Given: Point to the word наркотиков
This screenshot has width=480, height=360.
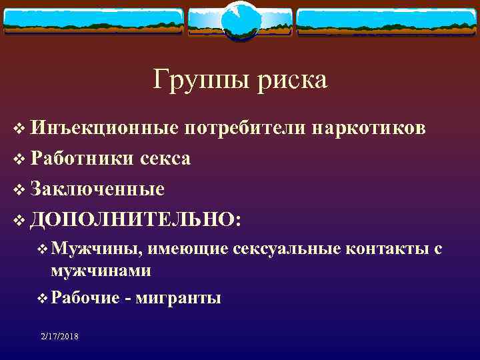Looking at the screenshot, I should click(x=369, y=128).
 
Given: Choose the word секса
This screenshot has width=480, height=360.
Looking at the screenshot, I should click(x=165, y=159).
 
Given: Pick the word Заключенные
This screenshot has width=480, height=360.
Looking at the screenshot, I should click(x=97, y=189).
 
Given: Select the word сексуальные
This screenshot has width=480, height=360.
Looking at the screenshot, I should click(x=287, y=249).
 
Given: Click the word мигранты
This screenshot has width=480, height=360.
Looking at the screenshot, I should click(x=177, y=297).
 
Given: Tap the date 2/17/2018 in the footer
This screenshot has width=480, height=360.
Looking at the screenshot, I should click(x=59, y=337).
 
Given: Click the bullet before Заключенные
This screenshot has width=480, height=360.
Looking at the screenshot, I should click(x=18, y=190).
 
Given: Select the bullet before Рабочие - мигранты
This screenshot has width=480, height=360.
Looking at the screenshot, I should click(x=43, y=298).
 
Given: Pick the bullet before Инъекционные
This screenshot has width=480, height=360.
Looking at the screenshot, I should click(x=18, y=129).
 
